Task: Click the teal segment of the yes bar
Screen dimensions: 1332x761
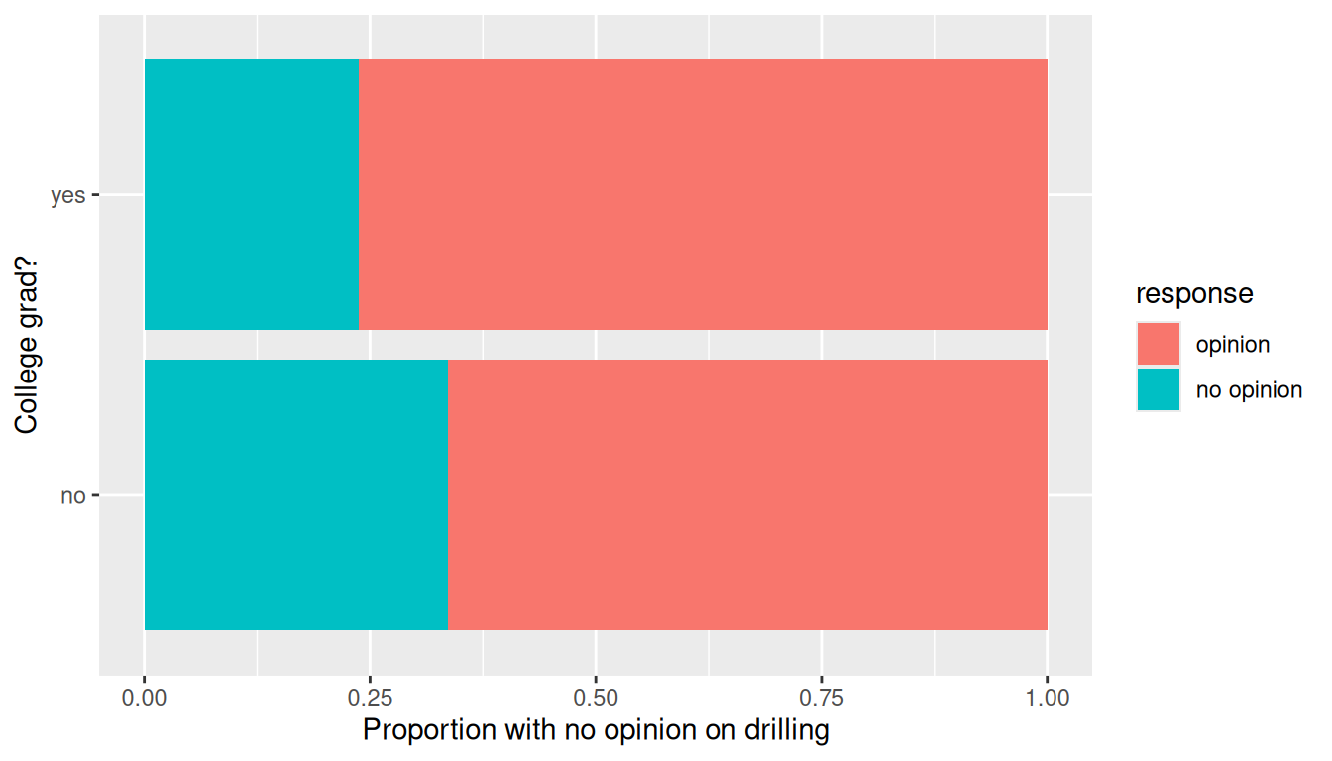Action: (x=252, y=194)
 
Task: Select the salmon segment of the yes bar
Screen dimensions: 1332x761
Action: (x=703, y=194)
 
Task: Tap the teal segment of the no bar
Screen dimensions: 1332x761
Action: (x=296, y=494)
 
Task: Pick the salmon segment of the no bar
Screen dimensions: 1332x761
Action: (x=747, y=494)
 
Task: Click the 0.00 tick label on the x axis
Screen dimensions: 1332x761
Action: (x=144, y=698)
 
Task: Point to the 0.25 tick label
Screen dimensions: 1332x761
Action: (x=370, y=698)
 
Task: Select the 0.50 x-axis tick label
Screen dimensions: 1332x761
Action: (x=596, y=698)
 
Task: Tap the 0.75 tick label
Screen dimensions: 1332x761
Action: (x=822, y=698)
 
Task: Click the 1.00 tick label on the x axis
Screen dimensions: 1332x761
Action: (x=1048, y=698)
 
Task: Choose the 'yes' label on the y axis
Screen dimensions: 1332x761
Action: (x=67, y=195)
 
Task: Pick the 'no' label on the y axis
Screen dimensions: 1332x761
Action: (x=73, y=495)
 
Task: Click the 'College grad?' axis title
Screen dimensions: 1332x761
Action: (x=27, y=345)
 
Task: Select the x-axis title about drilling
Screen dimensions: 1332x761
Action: (x=596, y=730)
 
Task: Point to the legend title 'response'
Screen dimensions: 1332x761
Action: (x=1194, y=293)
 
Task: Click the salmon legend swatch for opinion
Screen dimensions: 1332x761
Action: (x=1159, y=344)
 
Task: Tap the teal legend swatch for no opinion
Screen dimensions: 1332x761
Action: (x=1159, y=389)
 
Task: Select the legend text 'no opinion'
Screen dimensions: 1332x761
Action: (x=1249, y=390)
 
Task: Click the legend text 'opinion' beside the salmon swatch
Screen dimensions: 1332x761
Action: (x=1233, y=345)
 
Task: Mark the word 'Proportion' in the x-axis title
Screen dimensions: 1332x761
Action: (x=429, y=730)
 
